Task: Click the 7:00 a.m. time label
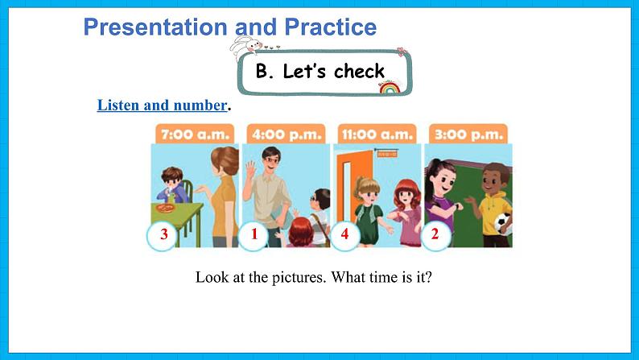[x=195, y=134]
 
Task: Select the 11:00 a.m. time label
[x=376, y=134]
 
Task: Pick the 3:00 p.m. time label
[x=468, y=134]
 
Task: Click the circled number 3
[x=163, y=235]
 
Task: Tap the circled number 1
[x=254, y=235]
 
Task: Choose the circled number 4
[x=345, y=235]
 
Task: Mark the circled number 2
[x=435, y=235]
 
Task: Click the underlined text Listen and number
[x=162, y=106]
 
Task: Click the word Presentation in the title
[x=155, y=27]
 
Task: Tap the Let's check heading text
[x=320, y=71]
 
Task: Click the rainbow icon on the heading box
[x=389, y=87]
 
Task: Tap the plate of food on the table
[x=164, y=209]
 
